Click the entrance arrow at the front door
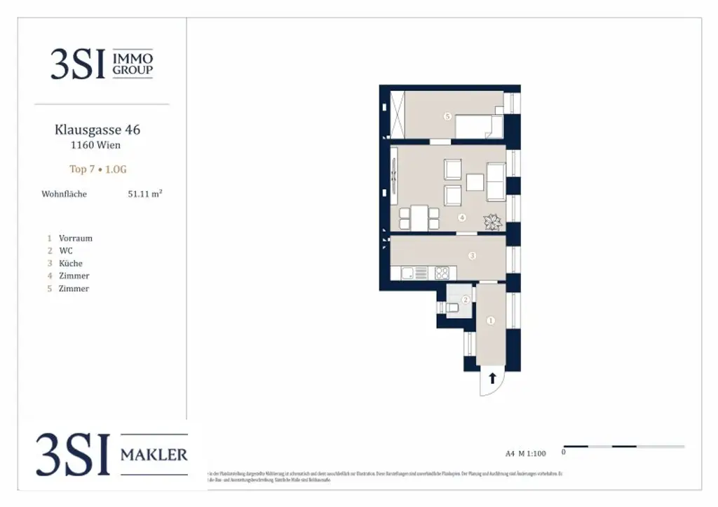pyautogui.click(x=492, y=379)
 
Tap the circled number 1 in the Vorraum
pyautogui.click(x=491, y=321)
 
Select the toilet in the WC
pyautogui.click(x=452, y=307)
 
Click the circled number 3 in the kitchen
pyautogui.click(x=472, y=256)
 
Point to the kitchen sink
pyautogui.click(x=420, y=273)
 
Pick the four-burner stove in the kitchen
pyautogui.click(x=442, y=273)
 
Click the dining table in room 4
pyautogui.click(x=419, y=218)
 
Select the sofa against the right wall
pyautogui.click(x=496, y=181)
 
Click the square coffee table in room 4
pyautogui.click(x=475, y=182)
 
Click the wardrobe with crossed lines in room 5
pyautogui.click(x=398, y=115)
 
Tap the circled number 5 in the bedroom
pyautogui.click(x=447, y=116)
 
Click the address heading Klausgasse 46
pyautogui.click(x=97, y=130)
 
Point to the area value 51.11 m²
pyautogui.click(x=144, y=194)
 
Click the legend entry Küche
pyautogui.click(x=70, y=263)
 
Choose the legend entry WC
pyautogui.click(x=65, y=251)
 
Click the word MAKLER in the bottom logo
pyautogui.click(x=154, y=455)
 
